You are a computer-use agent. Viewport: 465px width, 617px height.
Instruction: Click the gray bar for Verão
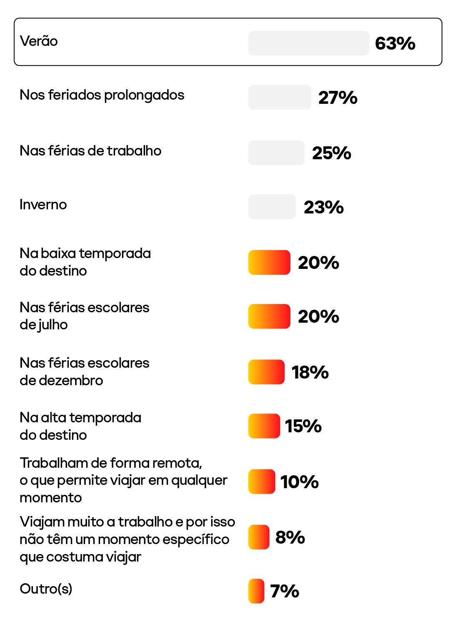pos(309,43)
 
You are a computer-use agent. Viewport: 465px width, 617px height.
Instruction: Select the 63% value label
pos(395,43)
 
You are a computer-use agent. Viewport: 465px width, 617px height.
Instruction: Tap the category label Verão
pos(39,41)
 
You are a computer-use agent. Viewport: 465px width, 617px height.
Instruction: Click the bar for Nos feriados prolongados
pos(280,97)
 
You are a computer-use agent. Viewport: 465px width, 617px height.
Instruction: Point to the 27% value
pos(337,98)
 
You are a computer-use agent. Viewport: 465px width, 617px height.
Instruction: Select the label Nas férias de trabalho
pos(90,150)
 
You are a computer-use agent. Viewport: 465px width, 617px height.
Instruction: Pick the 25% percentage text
pos(331,153)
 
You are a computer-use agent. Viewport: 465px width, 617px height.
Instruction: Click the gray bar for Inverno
pos(272,207)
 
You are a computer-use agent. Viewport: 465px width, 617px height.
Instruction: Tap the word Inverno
pos(43,205)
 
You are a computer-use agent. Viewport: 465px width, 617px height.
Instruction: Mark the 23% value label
pos(323,207)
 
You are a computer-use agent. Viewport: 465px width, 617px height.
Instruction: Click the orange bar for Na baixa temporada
pos(269,262)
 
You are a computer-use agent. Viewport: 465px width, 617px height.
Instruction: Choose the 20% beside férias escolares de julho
pos(318,316)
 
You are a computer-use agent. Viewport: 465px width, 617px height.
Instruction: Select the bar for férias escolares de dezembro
pos(266,372)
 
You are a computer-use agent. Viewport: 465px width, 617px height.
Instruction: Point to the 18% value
pos(310,372)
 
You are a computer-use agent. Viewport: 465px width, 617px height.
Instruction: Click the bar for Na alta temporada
pos(264,426)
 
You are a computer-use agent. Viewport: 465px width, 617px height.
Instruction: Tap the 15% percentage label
pos(303,426)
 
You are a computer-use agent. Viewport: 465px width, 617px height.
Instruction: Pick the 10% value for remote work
pos(299,482)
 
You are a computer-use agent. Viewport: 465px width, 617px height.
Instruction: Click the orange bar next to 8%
pos(259,537)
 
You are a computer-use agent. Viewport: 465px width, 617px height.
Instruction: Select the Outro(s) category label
pos(46,589)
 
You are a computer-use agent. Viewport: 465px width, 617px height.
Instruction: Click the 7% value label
pos(284,591)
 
